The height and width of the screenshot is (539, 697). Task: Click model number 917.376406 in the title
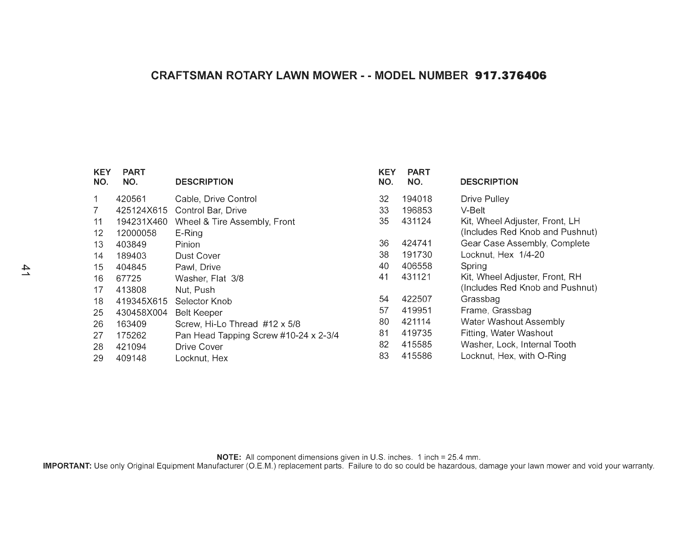click(x=511, y=76)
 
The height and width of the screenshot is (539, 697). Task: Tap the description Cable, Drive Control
click(x=216, y=199)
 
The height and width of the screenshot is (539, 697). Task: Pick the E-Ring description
click(x=189, y=233)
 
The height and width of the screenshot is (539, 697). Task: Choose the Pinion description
click(x=187, y=244)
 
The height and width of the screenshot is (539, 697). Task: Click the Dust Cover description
click(x=198, y=256)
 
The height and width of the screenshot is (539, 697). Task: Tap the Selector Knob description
click(x=203, y=302)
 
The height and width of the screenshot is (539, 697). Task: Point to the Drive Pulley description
click(x=484, y=199)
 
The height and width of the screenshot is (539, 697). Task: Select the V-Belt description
click(x=473, y=210)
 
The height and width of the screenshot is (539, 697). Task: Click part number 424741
click(x=417, y=244)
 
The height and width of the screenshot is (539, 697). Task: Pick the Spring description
click(x=473, y=266)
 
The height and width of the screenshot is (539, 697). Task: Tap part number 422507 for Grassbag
click(x=417, y=299)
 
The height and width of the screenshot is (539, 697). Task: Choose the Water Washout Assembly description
click(x=512, y=322)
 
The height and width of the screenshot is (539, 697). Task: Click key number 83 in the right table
click(x=384, y=356)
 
